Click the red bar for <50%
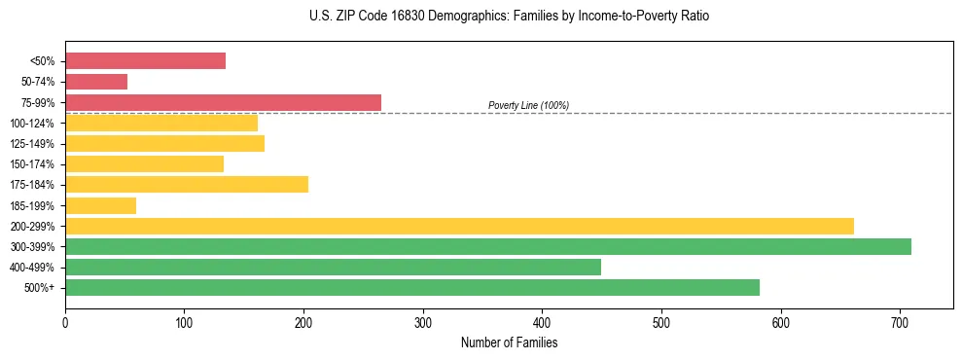[145, 61]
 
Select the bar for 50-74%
[96, 82]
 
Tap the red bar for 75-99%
[223, 102]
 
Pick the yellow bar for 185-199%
[100, 205]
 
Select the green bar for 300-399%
[487, 246]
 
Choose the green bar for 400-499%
[333, 267]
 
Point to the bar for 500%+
[411, 287]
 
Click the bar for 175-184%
[187, 185]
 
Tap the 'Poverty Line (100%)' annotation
[528, 105]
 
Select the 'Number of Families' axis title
[509, 342]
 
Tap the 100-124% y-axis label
[32, 124]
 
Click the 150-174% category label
[32, 164]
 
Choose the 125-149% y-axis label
[32, 144]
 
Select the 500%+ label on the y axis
[41, 288]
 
